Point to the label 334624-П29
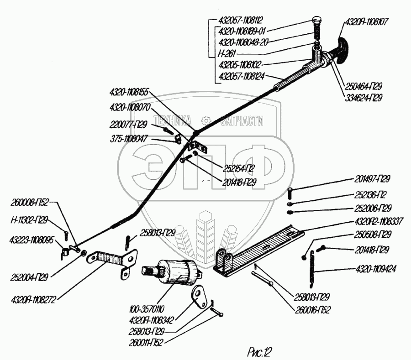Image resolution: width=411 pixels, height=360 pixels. click(x=364, y=97)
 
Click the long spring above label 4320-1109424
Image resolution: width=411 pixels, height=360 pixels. click(x=312, y=267)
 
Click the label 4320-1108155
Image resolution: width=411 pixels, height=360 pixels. click(x=129, y=91)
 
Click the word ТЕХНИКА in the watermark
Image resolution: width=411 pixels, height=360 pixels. click(x=172, y=120)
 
